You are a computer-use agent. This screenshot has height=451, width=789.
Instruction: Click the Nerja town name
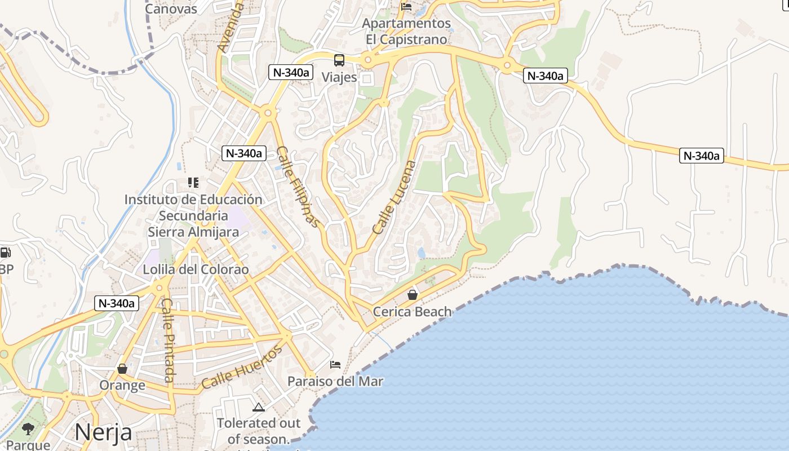tap(103, 432)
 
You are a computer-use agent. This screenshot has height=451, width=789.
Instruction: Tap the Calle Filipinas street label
tap(298, 187)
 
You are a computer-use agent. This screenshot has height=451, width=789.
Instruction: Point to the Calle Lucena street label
tap(394, 197)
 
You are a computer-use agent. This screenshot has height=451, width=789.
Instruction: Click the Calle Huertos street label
tap(242, 367)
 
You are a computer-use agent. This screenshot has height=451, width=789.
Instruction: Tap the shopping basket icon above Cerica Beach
tap(413, 295)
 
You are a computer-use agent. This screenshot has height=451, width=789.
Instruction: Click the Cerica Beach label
tap(413, 312)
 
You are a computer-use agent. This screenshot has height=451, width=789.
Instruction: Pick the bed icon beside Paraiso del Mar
tap(335, 365)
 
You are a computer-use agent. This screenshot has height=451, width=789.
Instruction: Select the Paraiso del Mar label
tap(335, 382)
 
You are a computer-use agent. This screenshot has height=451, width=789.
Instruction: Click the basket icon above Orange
tap(122, 369)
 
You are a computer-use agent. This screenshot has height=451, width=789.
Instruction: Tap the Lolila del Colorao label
tap(196, 269)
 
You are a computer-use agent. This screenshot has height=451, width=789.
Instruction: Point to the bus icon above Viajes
tap(339, 60)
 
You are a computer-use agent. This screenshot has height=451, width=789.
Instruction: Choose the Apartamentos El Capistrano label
tap(406, 32)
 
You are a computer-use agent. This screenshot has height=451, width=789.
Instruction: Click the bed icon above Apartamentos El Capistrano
tap(406, 7)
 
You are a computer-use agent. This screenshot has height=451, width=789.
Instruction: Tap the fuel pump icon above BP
tap(5, 253)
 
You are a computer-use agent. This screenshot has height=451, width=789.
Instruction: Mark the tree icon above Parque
tap(28, 429)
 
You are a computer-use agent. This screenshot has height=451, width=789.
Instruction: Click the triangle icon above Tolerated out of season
tap(259, 407)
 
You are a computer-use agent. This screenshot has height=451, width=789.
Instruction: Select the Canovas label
tap(171, 9)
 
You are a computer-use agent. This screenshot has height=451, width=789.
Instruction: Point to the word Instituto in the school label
tap(148, 200)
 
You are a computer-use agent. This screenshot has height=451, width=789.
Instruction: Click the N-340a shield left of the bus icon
tap(291, 72)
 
